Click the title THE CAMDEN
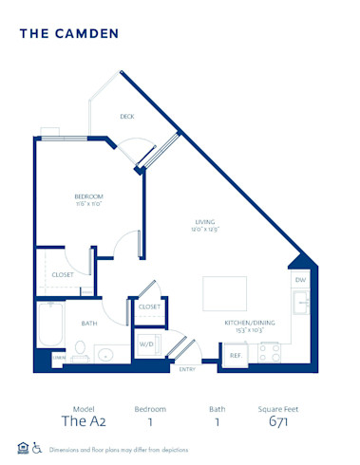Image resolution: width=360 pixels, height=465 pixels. [x=68, y=33]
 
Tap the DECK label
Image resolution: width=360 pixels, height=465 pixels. [x=126, y=117]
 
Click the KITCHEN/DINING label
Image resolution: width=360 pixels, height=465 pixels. [x=250, y=323]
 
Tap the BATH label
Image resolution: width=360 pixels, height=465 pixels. [x=88, y=323]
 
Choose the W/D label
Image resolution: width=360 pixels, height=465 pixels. [x=146, y=344]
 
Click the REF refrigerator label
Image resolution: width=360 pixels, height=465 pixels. [x=236, y=355]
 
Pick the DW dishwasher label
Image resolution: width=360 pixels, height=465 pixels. [x=299, y=280]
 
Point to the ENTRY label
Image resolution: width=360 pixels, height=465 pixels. [x=187, y=369]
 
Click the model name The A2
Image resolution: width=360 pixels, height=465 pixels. [x=81, y=421]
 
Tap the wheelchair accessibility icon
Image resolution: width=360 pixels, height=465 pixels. [x=37, y=448]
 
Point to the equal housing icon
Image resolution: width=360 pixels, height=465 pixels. [x=23, y=448]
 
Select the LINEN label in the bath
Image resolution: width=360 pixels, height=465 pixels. [x=59, y=357]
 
